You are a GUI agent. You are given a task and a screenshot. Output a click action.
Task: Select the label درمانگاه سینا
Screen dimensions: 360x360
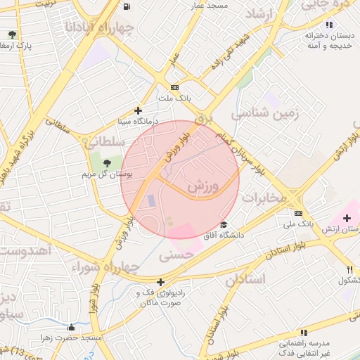(139, 122)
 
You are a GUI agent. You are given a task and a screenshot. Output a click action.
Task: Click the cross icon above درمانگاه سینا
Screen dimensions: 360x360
(139, 110)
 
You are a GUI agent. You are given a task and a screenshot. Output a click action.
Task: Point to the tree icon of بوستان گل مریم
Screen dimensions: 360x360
(107, 162)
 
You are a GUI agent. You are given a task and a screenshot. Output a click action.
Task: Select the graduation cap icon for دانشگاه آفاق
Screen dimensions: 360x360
(224, 225)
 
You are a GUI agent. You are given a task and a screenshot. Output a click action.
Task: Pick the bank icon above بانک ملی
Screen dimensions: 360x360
(299, 213)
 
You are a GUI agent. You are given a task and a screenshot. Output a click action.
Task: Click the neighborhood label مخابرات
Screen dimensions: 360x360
(264, 198)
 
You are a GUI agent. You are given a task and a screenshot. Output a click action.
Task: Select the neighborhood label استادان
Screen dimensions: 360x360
(245, 279)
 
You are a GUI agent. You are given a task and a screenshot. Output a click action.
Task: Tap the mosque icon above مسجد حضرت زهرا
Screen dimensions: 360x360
(71, 327)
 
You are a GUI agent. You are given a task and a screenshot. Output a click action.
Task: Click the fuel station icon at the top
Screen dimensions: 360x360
(126, 6)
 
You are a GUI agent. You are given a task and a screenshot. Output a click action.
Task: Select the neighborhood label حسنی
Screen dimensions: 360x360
(176, 256)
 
